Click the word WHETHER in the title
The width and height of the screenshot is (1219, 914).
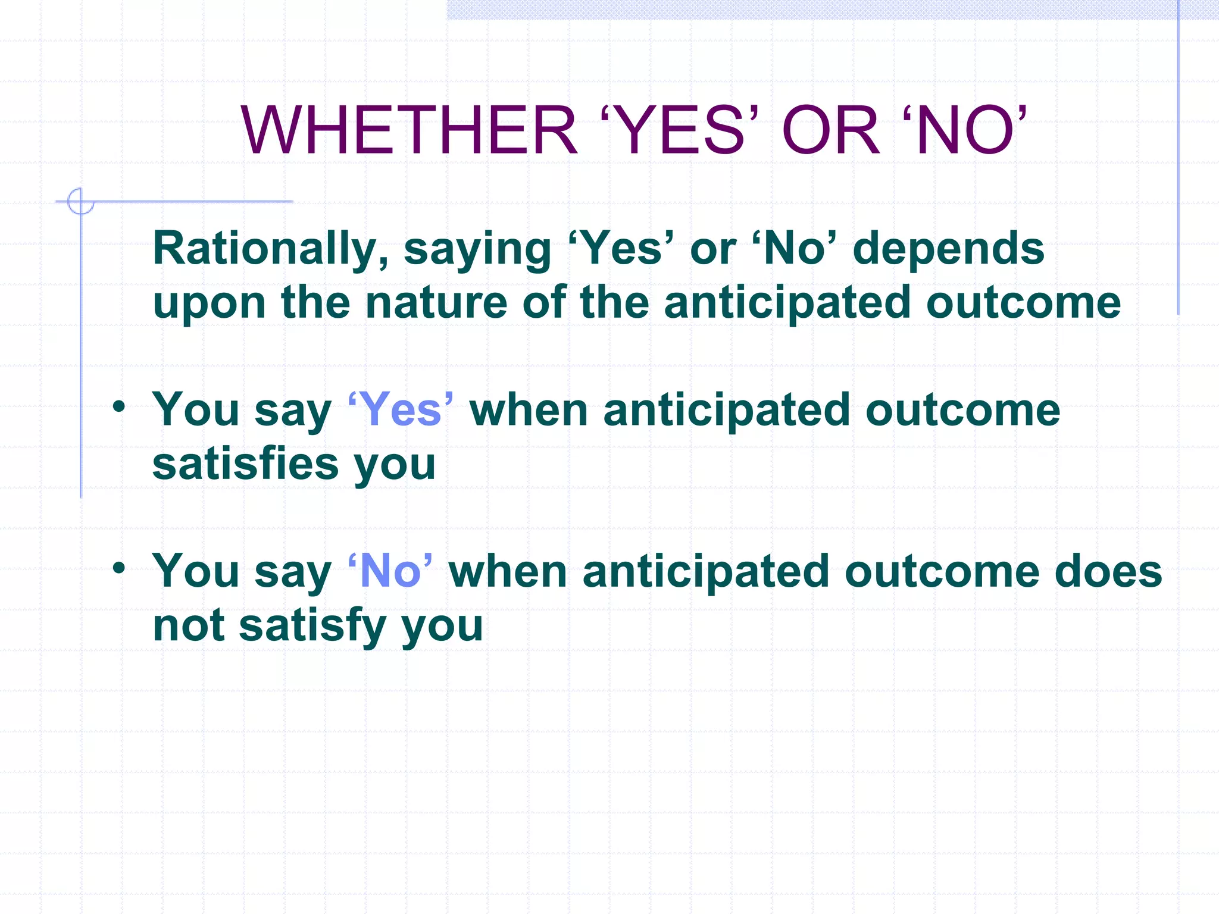[x=408, y=130]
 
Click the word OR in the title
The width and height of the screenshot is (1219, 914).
[x=830, y=130]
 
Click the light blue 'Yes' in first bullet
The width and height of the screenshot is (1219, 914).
[x=401, y=410]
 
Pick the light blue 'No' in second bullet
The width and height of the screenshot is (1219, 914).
[x=390, y=571]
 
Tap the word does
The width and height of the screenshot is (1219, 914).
[x=1108, y=571]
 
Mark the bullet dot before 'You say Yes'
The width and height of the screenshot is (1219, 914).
[x=119, y=407]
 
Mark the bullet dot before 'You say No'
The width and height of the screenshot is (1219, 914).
[x=119, y=568]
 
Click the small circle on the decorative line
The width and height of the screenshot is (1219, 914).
[x=80, y=201]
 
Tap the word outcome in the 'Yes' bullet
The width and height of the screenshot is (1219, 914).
[x=962, y=410]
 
